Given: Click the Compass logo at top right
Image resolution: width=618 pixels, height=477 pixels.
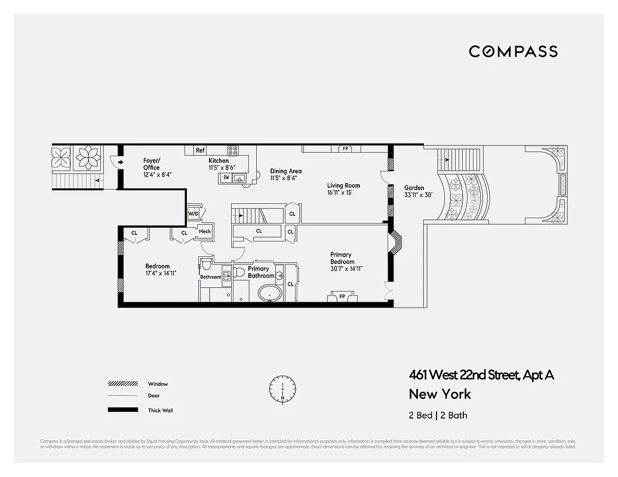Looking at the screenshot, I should pyautogui.click(x=513, y=51).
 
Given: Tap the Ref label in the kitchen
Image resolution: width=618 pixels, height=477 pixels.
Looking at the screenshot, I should pyautogui.click(x=200, y=151).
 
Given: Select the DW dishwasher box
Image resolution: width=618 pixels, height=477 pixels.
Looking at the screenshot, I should pyautogui.click(x=226, y=177).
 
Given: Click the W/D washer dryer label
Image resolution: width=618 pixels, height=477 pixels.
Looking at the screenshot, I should pyautogui.click(x=193, y=213).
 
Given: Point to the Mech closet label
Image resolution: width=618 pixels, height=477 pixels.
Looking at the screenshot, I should pyautogui.click(x=204, y=231).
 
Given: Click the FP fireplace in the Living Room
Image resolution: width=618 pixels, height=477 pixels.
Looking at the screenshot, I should pyautogui.click(x=345, y=148).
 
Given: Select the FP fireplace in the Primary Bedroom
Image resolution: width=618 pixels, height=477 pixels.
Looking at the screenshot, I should pyautogui.click(x=342, y=296).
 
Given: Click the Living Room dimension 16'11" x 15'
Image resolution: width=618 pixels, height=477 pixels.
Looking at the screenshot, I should pyautogui.click(x=343, y=193).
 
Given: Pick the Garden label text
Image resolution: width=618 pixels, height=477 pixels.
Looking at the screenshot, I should pyautogui.click(x=414, y=188).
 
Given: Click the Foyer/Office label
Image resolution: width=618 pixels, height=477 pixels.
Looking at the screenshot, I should pyautogui.click(x=151, y=164).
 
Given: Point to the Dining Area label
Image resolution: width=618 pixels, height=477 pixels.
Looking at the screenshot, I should pyautogui.click(x=285, y=171).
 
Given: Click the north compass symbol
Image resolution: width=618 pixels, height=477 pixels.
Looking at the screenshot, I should pyautogui.click(x=282, y=388).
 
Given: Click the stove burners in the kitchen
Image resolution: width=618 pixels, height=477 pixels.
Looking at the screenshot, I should pyautogui.click(x=233, y=151).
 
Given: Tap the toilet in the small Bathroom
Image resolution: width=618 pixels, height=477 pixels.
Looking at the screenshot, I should pyautogui.click(x=207, y=263).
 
